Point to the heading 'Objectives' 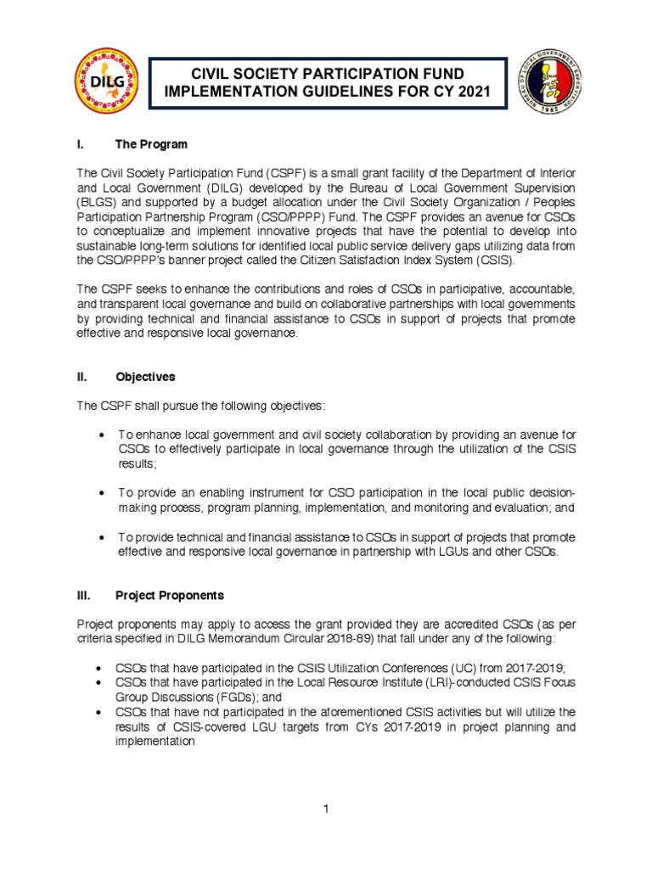pos(147,377)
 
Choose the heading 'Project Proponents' pos(170,596)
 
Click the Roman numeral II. pos(82,377)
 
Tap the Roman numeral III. pos(84,596)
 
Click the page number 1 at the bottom pos(325,809)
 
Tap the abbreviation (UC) pos(470,668)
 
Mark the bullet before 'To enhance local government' pos(102,435)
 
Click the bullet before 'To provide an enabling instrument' pos(102,493)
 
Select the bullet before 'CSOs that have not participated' pos(102,712)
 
